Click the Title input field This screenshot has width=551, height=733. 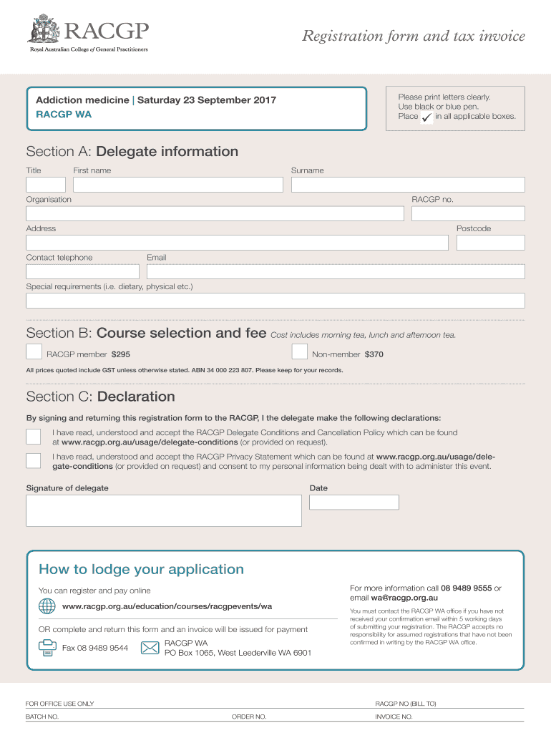(46, 185)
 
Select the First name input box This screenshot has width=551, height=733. (178, 185)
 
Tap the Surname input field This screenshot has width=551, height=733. (408, 185)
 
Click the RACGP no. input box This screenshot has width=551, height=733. (468, 214)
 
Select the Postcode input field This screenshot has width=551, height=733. (490, 243)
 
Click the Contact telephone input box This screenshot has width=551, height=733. (83, 271)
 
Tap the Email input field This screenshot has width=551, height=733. (336, 271)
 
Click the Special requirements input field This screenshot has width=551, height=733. (275, 301)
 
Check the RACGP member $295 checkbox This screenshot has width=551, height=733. (34, 351)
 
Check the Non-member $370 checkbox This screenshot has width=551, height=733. (300, 351)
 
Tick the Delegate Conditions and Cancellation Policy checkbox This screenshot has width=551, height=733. (34, 437)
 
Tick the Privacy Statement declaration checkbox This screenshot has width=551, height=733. (34, 460)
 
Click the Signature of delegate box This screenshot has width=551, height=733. (164, 510)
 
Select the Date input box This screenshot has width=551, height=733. (353, 502)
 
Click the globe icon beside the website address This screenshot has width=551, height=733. (47, 606)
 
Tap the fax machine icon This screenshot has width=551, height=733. (47, 648)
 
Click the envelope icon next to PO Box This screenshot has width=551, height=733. (150, 648)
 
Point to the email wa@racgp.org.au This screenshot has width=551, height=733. (404, 598)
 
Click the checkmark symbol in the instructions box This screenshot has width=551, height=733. (427, 117)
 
